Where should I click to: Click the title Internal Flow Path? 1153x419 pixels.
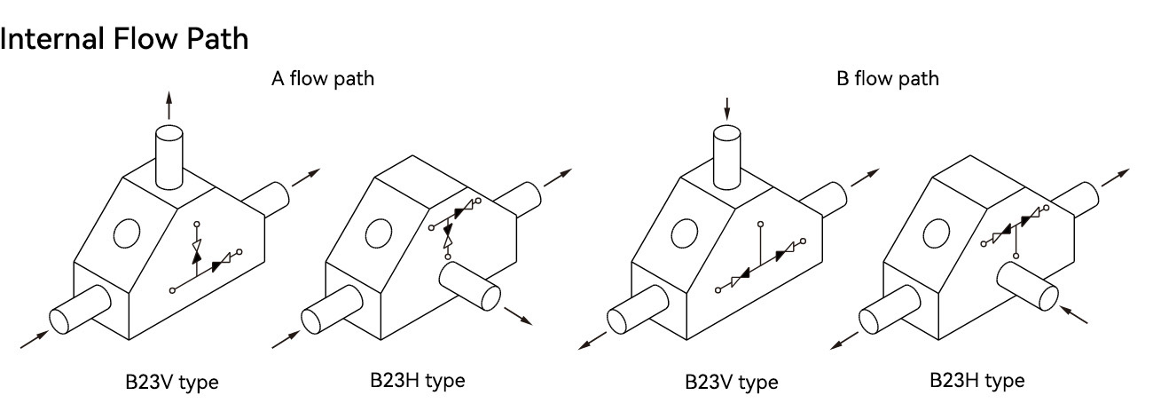point(124,39)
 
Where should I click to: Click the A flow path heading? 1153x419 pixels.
point(323,78)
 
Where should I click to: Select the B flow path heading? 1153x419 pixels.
point(888,78)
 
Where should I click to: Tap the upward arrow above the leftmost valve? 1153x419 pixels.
point(169,105)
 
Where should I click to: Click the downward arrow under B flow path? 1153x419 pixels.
point(726,108)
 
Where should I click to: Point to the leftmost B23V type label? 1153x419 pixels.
point(172,383)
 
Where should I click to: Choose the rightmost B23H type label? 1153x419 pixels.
point(977,381)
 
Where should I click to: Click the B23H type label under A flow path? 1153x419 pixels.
point(418,381)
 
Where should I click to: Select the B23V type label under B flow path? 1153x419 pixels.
point(732,383)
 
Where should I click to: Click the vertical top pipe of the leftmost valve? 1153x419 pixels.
point(169,156)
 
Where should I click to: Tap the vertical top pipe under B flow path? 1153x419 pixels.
point(726,157)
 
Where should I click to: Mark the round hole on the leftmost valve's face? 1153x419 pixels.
point(127,233)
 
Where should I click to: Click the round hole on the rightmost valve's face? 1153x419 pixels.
point(937,233)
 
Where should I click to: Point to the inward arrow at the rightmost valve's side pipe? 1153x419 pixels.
point(1073,314)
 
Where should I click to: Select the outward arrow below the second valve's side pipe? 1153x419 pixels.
point(518,316)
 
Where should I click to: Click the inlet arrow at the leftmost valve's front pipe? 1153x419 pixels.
point(35,339)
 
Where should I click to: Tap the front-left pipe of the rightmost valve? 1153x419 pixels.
point(890,309)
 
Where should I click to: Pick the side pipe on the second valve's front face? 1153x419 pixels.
point(469,286)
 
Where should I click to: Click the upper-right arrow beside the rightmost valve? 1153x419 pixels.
point(1116,178)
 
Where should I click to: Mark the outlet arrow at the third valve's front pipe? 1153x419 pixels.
point(592,341)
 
